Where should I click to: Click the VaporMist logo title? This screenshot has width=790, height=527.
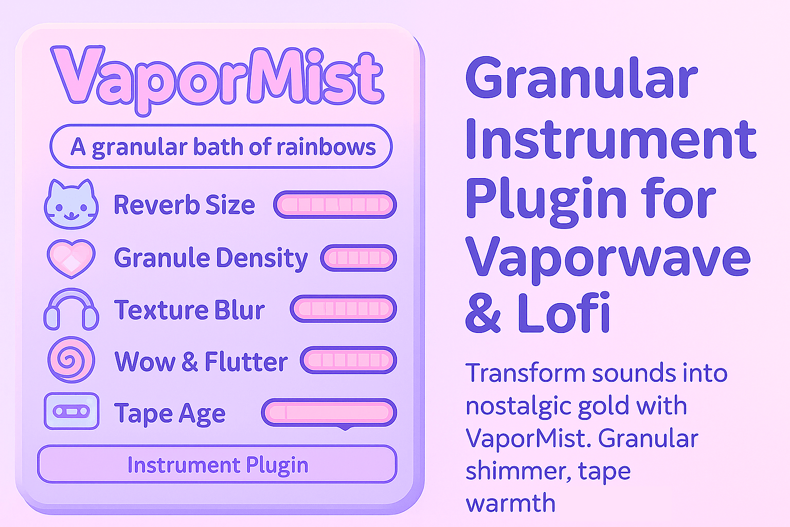pos(217,80)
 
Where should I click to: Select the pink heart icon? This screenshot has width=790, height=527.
pos(71,258)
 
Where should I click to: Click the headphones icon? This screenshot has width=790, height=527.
pos(71,309)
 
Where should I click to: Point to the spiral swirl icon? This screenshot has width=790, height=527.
pos(71,360)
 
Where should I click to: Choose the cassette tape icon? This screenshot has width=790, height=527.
pos(71,411)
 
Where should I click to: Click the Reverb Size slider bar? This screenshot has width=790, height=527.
pos(335,205)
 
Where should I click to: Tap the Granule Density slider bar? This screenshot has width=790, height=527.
pos(358,258)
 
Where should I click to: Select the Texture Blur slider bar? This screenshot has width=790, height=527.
pos(344,309)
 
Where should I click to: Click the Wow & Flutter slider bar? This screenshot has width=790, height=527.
pos(348,360)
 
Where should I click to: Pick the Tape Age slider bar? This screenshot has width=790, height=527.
pos(329,413)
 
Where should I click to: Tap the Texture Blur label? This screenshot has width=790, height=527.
pos(189,310)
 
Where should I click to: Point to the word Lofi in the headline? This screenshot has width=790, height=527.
pos(564,312)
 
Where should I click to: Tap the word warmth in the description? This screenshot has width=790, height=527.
pos(511,503)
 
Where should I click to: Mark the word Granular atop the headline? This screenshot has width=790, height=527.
pos(582,77)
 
